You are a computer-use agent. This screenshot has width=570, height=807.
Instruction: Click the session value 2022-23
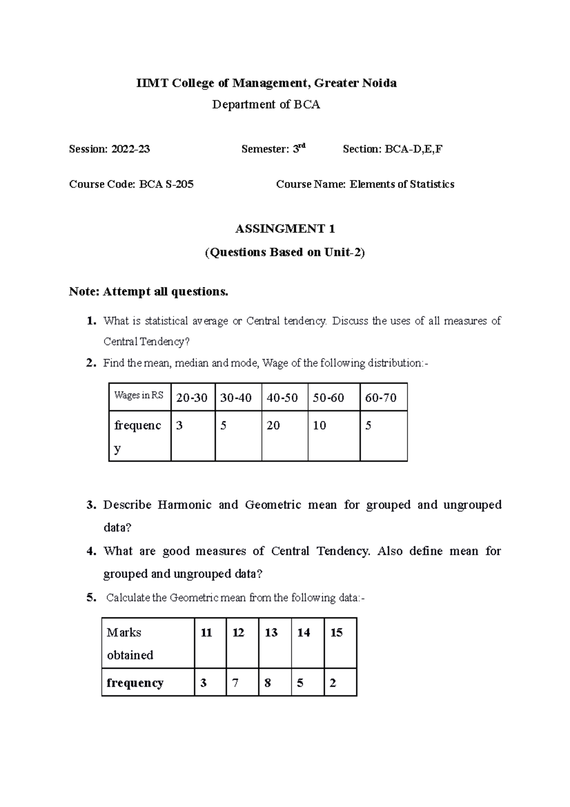131,149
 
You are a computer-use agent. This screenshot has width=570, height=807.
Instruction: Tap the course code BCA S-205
166,184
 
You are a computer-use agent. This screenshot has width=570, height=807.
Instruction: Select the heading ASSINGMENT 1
285,229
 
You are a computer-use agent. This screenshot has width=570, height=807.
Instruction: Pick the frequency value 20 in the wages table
273,425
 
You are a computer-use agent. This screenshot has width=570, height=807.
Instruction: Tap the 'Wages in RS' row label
139,395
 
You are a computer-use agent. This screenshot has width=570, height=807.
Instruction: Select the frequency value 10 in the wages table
319,425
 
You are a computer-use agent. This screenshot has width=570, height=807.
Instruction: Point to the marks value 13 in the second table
271,633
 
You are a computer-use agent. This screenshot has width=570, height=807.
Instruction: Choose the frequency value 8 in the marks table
268,683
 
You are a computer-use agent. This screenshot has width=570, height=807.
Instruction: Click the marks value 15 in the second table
336,633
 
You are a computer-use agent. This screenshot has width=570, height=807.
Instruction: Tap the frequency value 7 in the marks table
235,683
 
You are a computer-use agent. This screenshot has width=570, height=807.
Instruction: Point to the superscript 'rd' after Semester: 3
301,146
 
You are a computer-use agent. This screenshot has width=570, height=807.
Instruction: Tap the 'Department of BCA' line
266,105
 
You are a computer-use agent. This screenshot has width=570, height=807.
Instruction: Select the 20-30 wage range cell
192,398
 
